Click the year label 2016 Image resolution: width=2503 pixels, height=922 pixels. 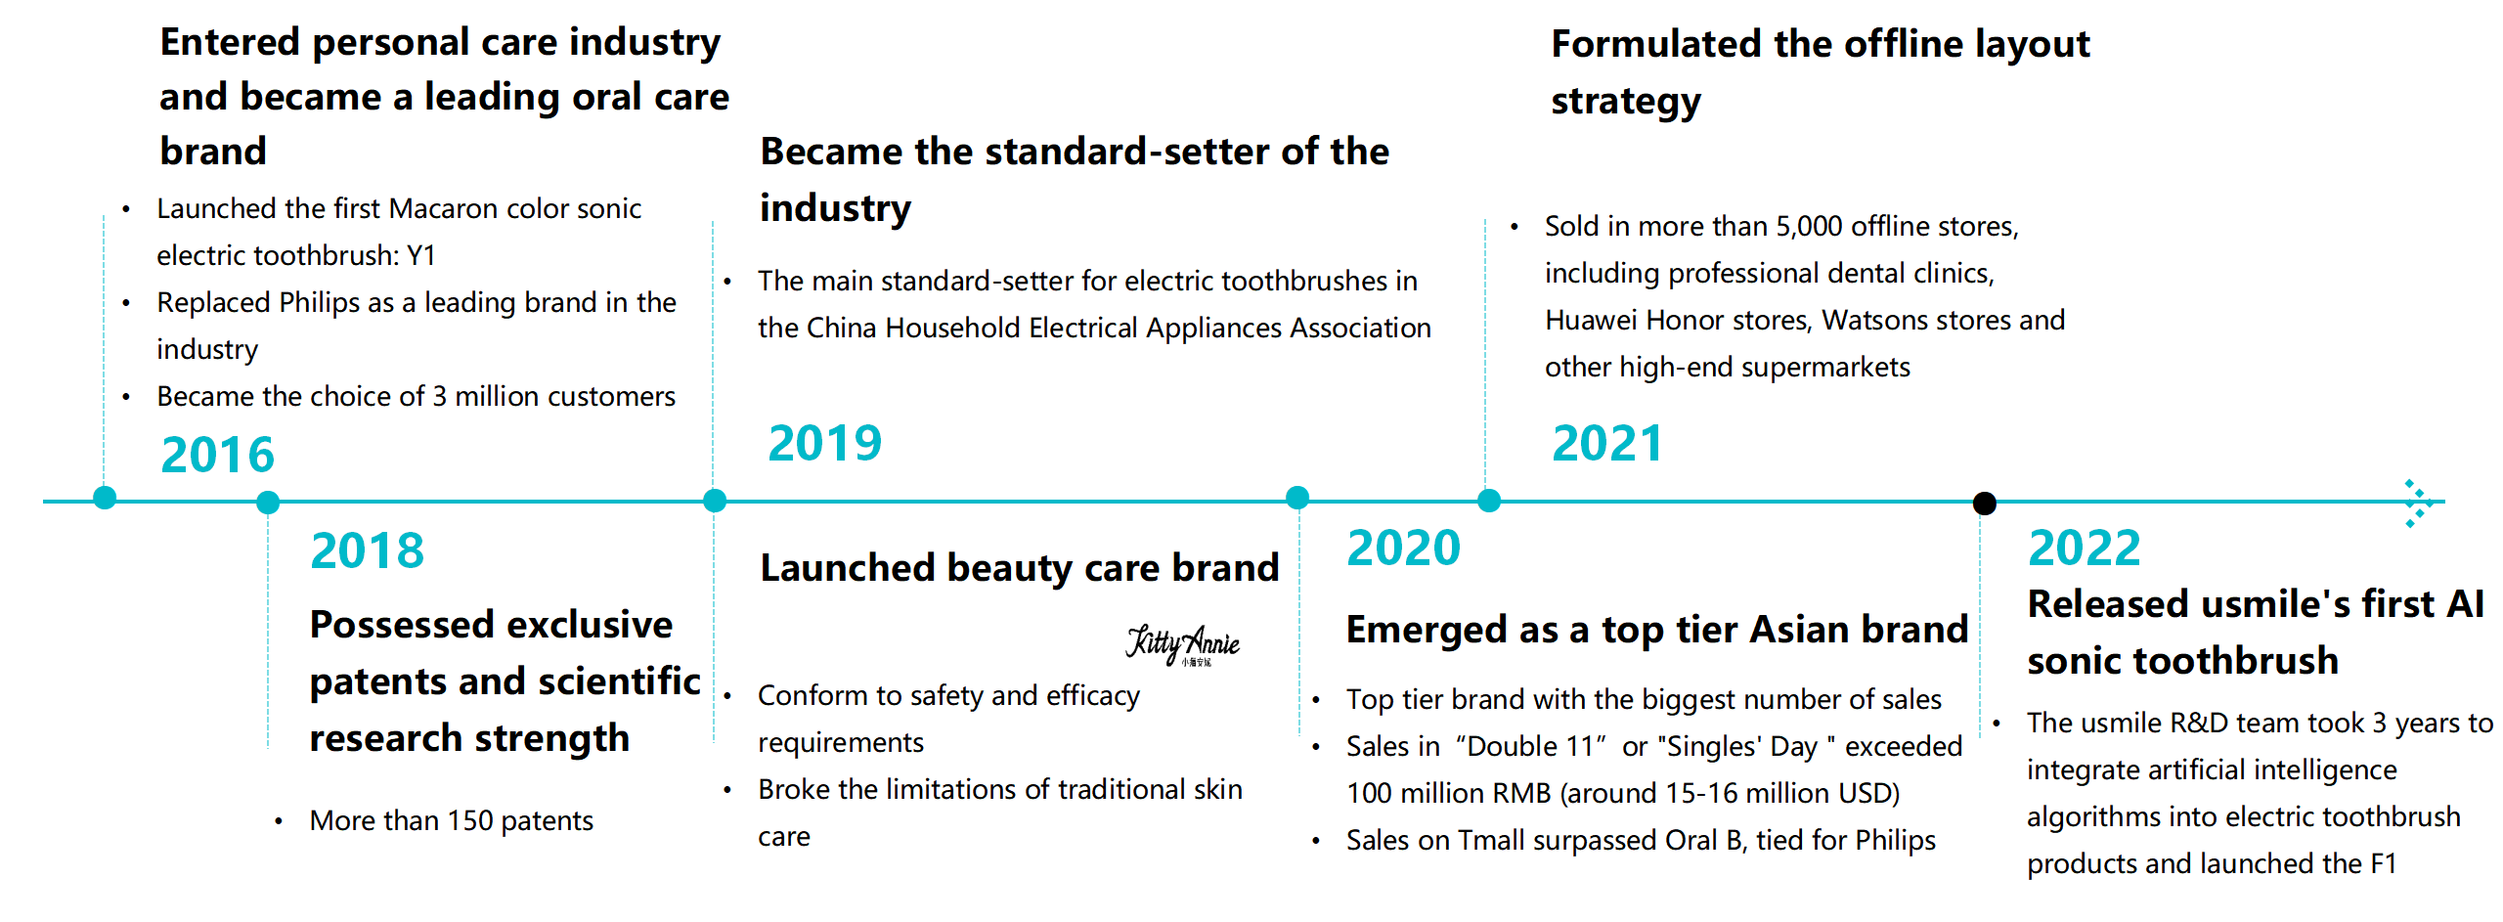pyautogui.click(x=217, y=455)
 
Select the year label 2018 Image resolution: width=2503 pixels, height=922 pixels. pyautogui.click(x=367, y=550)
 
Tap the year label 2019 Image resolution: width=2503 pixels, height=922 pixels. pyautogui.click(x=824, y=443)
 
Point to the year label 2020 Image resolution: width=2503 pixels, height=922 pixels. pyautogui.click(x=1403, y=548)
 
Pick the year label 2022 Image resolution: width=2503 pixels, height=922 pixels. pyautogui.click(x=2084, y=548)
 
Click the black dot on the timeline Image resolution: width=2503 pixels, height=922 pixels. pyautogui.click(x=1984, y=503)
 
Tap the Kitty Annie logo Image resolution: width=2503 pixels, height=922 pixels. pyautogui.click(x=1182, y=645)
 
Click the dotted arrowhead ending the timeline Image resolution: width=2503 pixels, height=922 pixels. pyautogui.click(x=2419, y=504)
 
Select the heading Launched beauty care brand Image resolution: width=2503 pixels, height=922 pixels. pyautogui.click(x=1020, y=568)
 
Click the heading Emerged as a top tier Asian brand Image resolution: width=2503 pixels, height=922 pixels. pyautogui.click(x=1657, y=630)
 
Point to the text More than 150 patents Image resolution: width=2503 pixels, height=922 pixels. pyautogui.click(x=452, y=820)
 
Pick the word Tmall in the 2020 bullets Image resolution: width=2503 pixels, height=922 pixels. pyautogui.click(x=1493, y=840)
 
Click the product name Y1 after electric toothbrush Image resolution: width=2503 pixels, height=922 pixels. pyautogui.click(x=421, y=256)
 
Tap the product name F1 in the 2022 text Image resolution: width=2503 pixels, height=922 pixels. pyautogui.click(x=2384, y=863)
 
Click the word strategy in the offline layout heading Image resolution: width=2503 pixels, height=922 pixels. pyautogui.click(x=1626, y=102)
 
